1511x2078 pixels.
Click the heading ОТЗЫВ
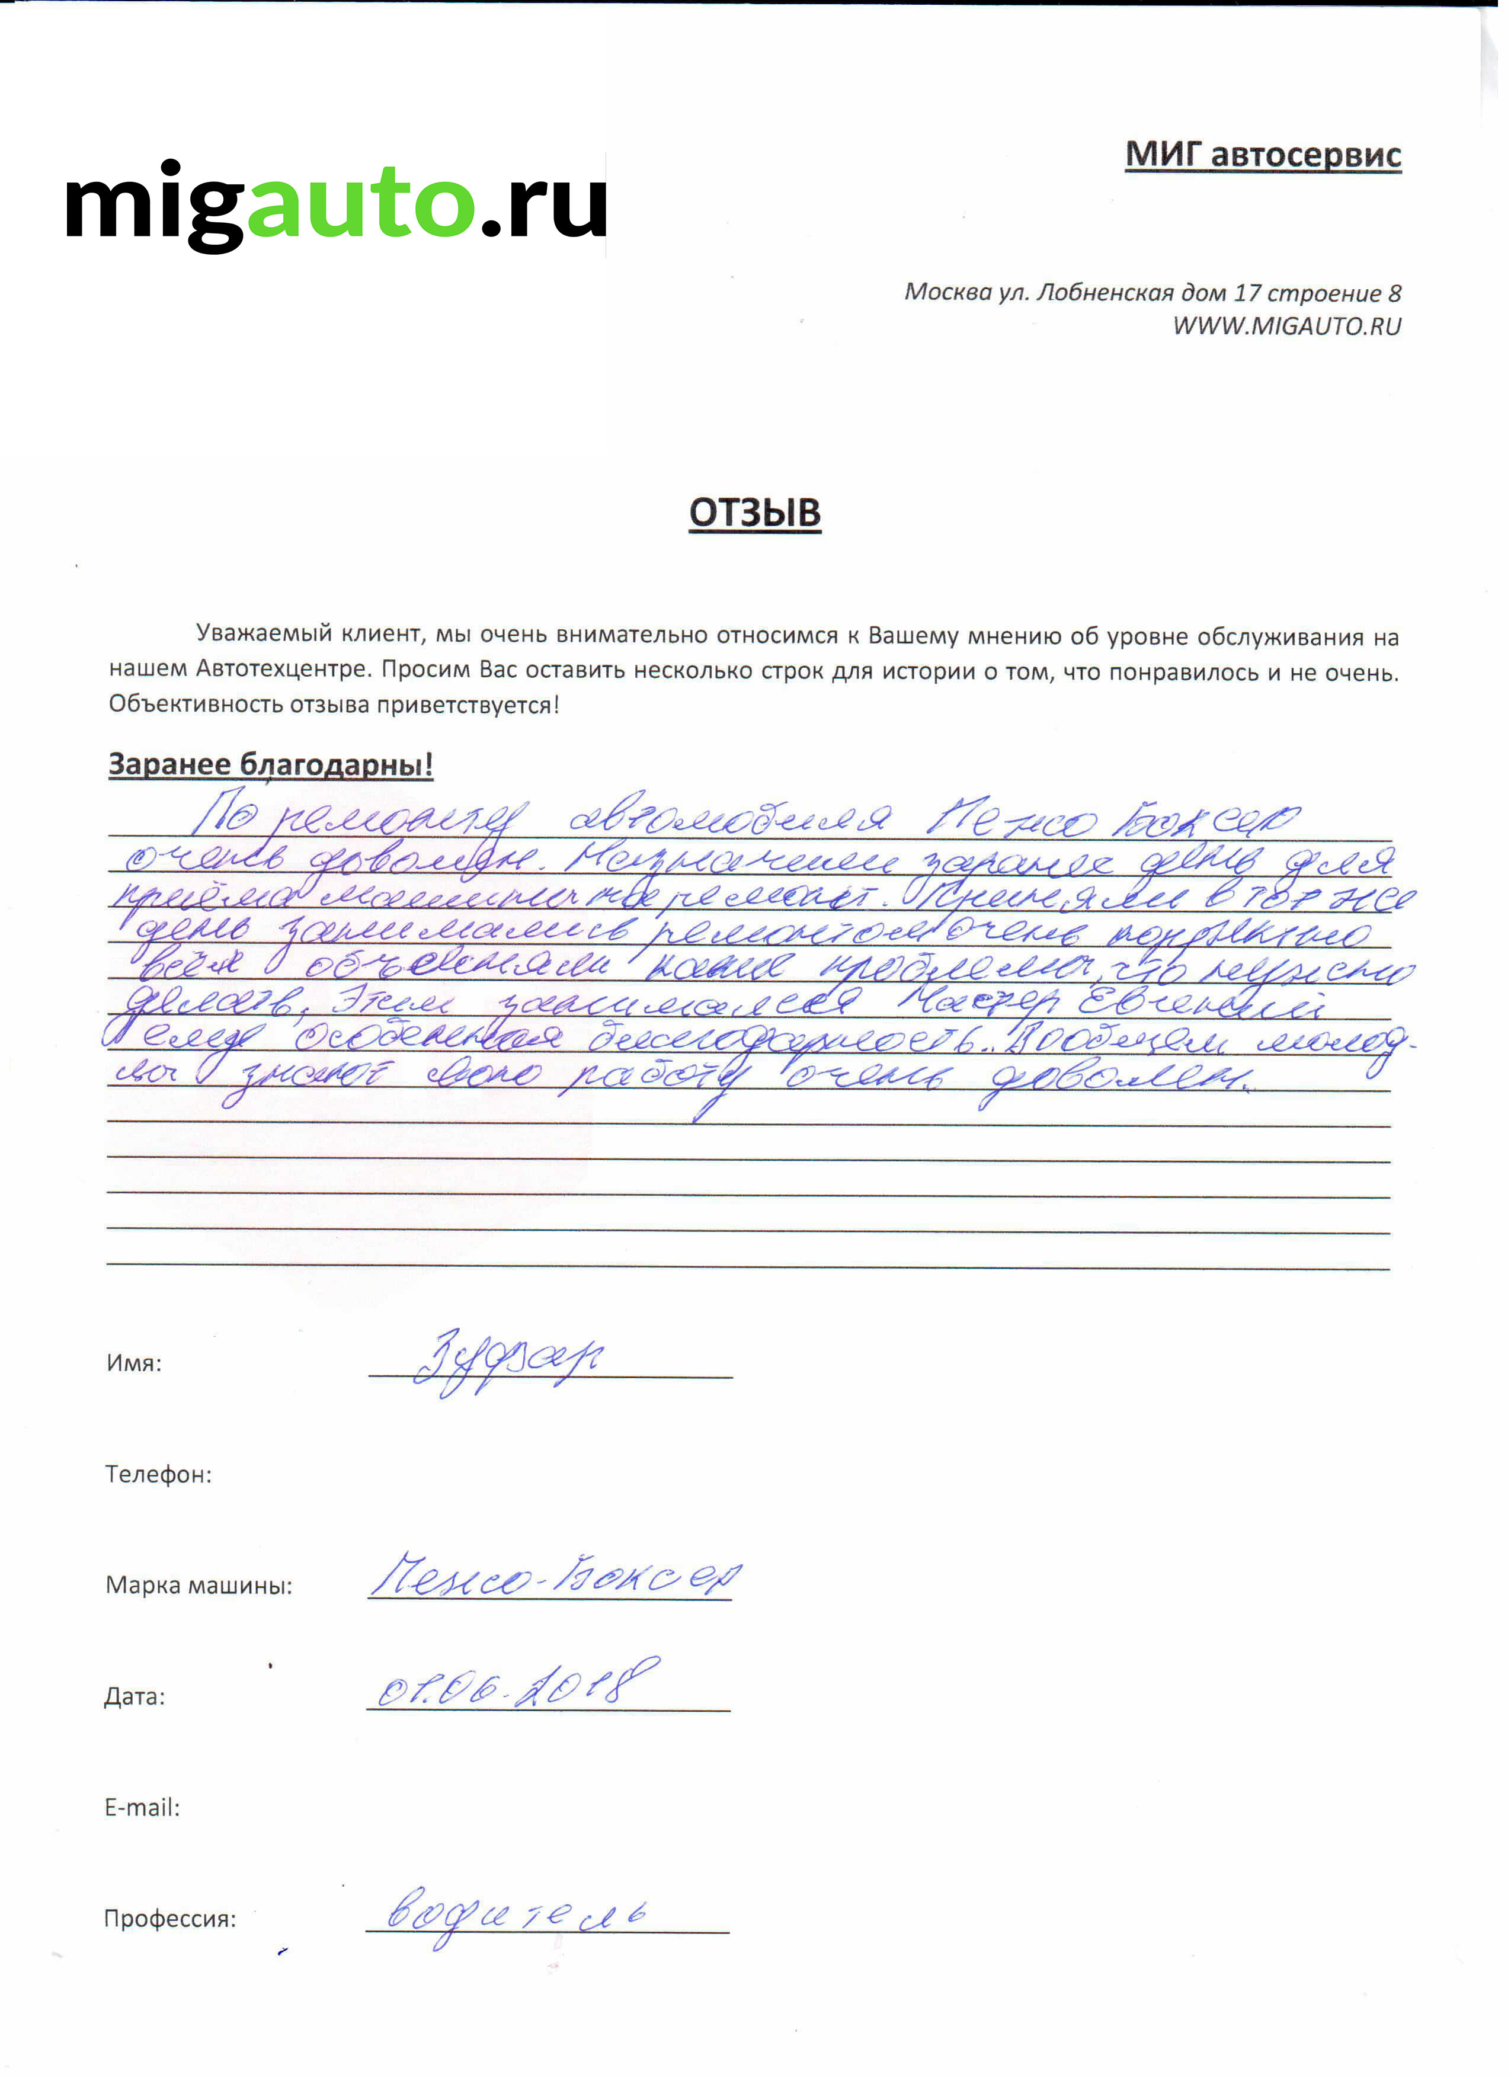pyautogui.click(x=754, y=513)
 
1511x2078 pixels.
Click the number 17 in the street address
pyautogui.click(x=1247, y=293)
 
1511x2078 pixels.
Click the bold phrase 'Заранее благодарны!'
pyautogui.click(x=270, y=764)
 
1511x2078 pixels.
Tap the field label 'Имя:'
pyautogui.click(x=134, y=1363)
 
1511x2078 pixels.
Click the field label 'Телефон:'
pyautogui.click(x=158, y=1474)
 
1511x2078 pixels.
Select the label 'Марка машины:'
pyautogui.click(x=199, y=1585)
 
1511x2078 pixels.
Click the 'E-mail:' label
pyautogui.click(x=142, y=1808)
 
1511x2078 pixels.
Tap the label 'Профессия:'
pyautogui.click(x=169, y=1919)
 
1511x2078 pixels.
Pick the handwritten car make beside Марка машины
pyautogui.click(x=555, y=1577)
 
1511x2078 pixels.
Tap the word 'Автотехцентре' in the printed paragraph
pyautogui.click(x=282, y=670)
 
